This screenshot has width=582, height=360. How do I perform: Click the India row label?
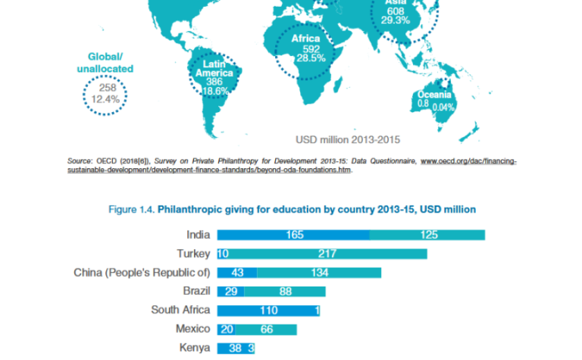tap(198, 235)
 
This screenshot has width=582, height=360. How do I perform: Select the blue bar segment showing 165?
tap(294, 235)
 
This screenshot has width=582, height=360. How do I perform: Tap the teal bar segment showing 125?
tap(427, 235)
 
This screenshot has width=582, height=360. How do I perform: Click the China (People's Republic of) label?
tap(142, 272)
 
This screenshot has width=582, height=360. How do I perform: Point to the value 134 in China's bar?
tap(319, 272)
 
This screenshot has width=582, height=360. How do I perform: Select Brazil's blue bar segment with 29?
tap(231, 291)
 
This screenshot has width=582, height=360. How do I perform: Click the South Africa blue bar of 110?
tap(267, 310)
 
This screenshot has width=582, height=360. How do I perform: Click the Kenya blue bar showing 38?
tap(235, 348)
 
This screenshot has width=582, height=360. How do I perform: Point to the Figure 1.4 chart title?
tap(292, 208)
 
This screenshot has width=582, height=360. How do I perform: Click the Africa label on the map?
tap(306, 39)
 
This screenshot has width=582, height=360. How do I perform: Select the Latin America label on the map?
tap(214, 69)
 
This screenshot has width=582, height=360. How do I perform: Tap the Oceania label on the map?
tap(434, 94)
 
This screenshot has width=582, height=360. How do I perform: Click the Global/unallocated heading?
tap(105, 62)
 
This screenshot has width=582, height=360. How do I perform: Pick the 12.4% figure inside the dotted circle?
tap(105, 99)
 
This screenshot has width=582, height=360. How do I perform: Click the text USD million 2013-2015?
tap(348, 138)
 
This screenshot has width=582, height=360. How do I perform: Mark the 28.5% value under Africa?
tap(311, 58)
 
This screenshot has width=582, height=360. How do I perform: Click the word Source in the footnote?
tap(80, 161)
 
